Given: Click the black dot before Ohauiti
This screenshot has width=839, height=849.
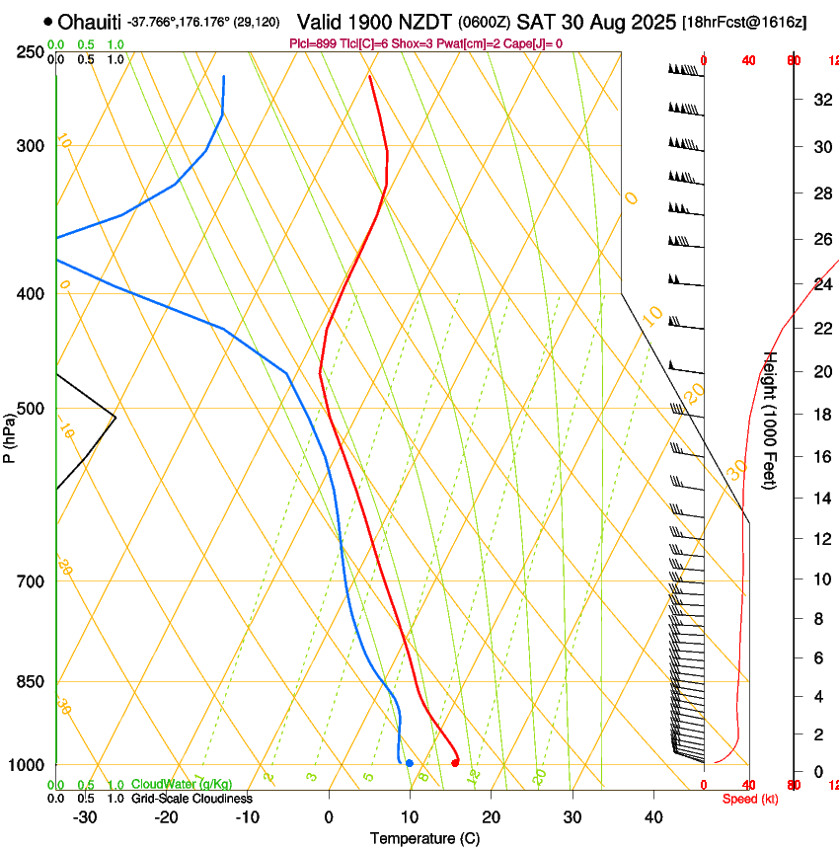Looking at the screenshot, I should pos(48,21).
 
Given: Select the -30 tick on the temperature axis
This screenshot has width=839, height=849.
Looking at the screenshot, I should pos(85,817).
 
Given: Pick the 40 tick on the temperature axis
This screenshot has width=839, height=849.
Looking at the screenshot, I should pos(653,817).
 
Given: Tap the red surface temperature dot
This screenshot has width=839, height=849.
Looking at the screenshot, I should pos(455,762).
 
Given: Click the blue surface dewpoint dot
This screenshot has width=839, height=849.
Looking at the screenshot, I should pos(409,763).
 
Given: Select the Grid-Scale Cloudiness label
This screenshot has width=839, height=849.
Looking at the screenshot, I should pos(191,799).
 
